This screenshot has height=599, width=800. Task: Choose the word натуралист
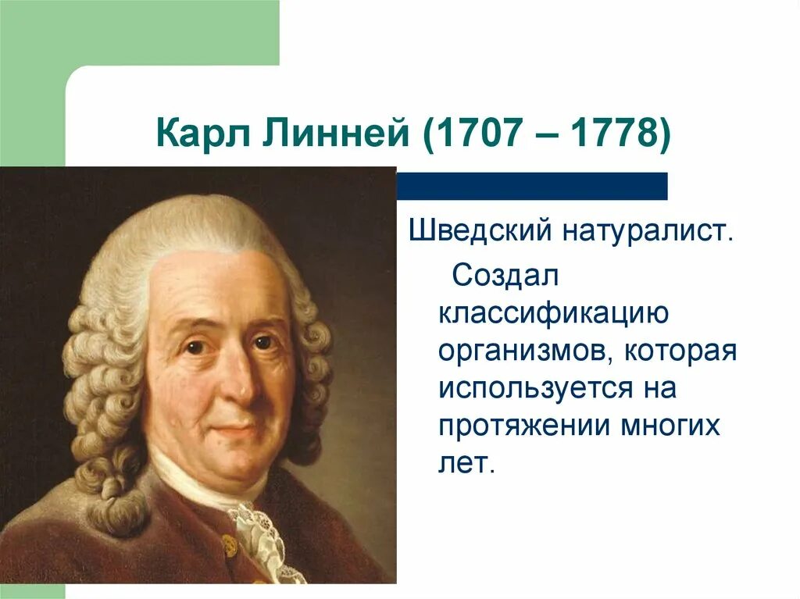646,232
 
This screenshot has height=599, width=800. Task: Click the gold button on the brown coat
228,544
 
